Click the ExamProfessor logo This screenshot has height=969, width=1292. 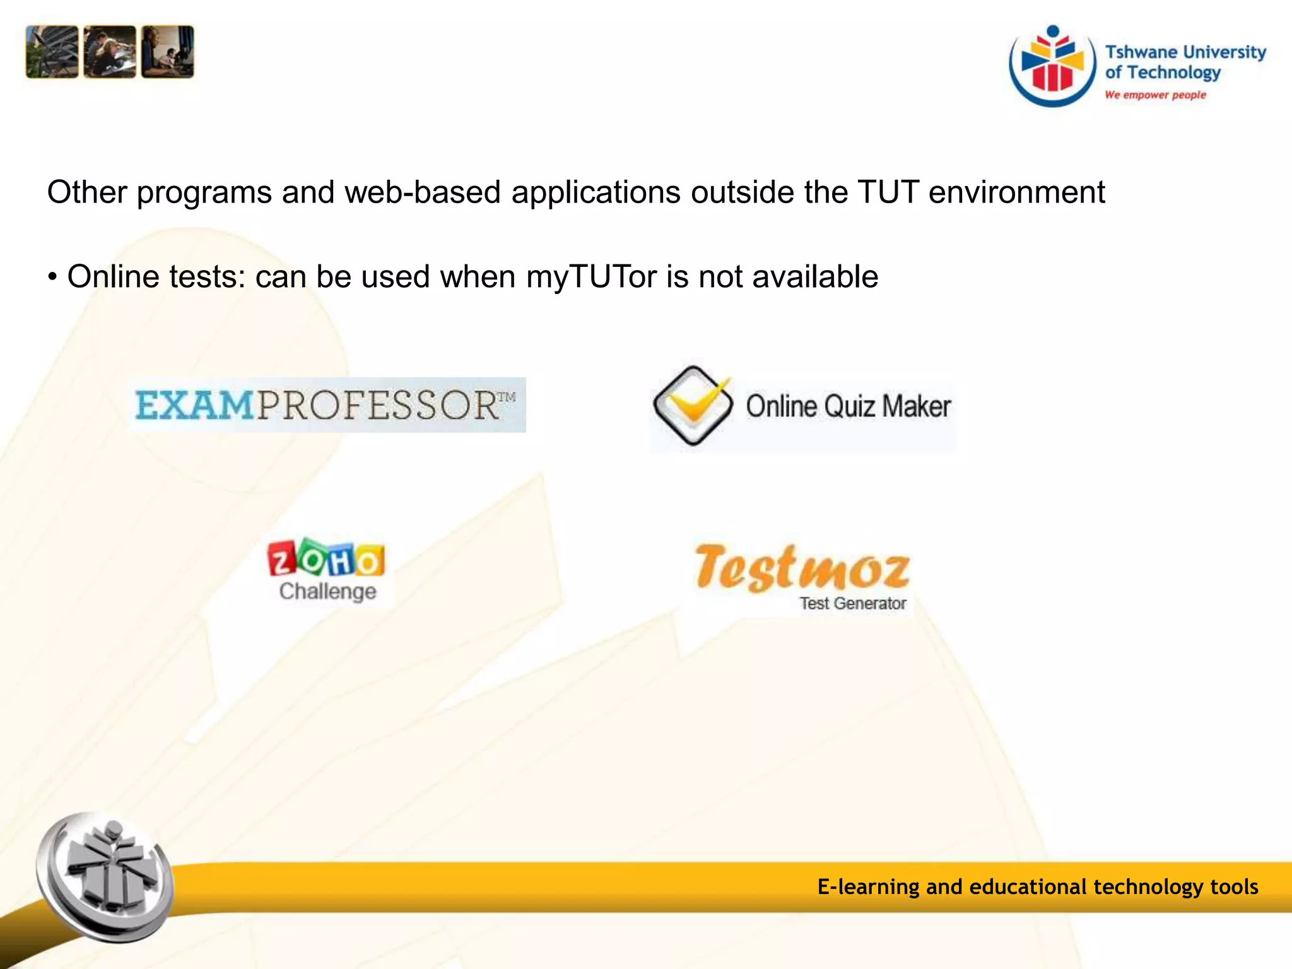[x=326, y=405]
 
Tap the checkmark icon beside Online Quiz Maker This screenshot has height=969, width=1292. [x=693, y=406]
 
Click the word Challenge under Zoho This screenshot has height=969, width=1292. [x=327, y=592]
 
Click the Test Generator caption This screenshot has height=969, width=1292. [x=853, y=604]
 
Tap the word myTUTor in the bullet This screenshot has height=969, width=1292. [x=591, y=277]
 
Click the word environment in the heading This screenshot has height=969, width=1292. [x=1016, y=192]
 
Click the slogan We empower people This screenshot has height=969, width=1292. [x=1155, y=95]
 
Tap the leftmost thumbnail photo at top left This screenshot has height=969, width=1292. [x=52, y=52]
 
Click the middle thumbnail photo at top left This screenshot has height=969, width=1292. [x=110, y=52]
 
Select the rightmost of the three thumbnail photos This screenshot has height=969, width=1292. [x=168, y=52]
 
